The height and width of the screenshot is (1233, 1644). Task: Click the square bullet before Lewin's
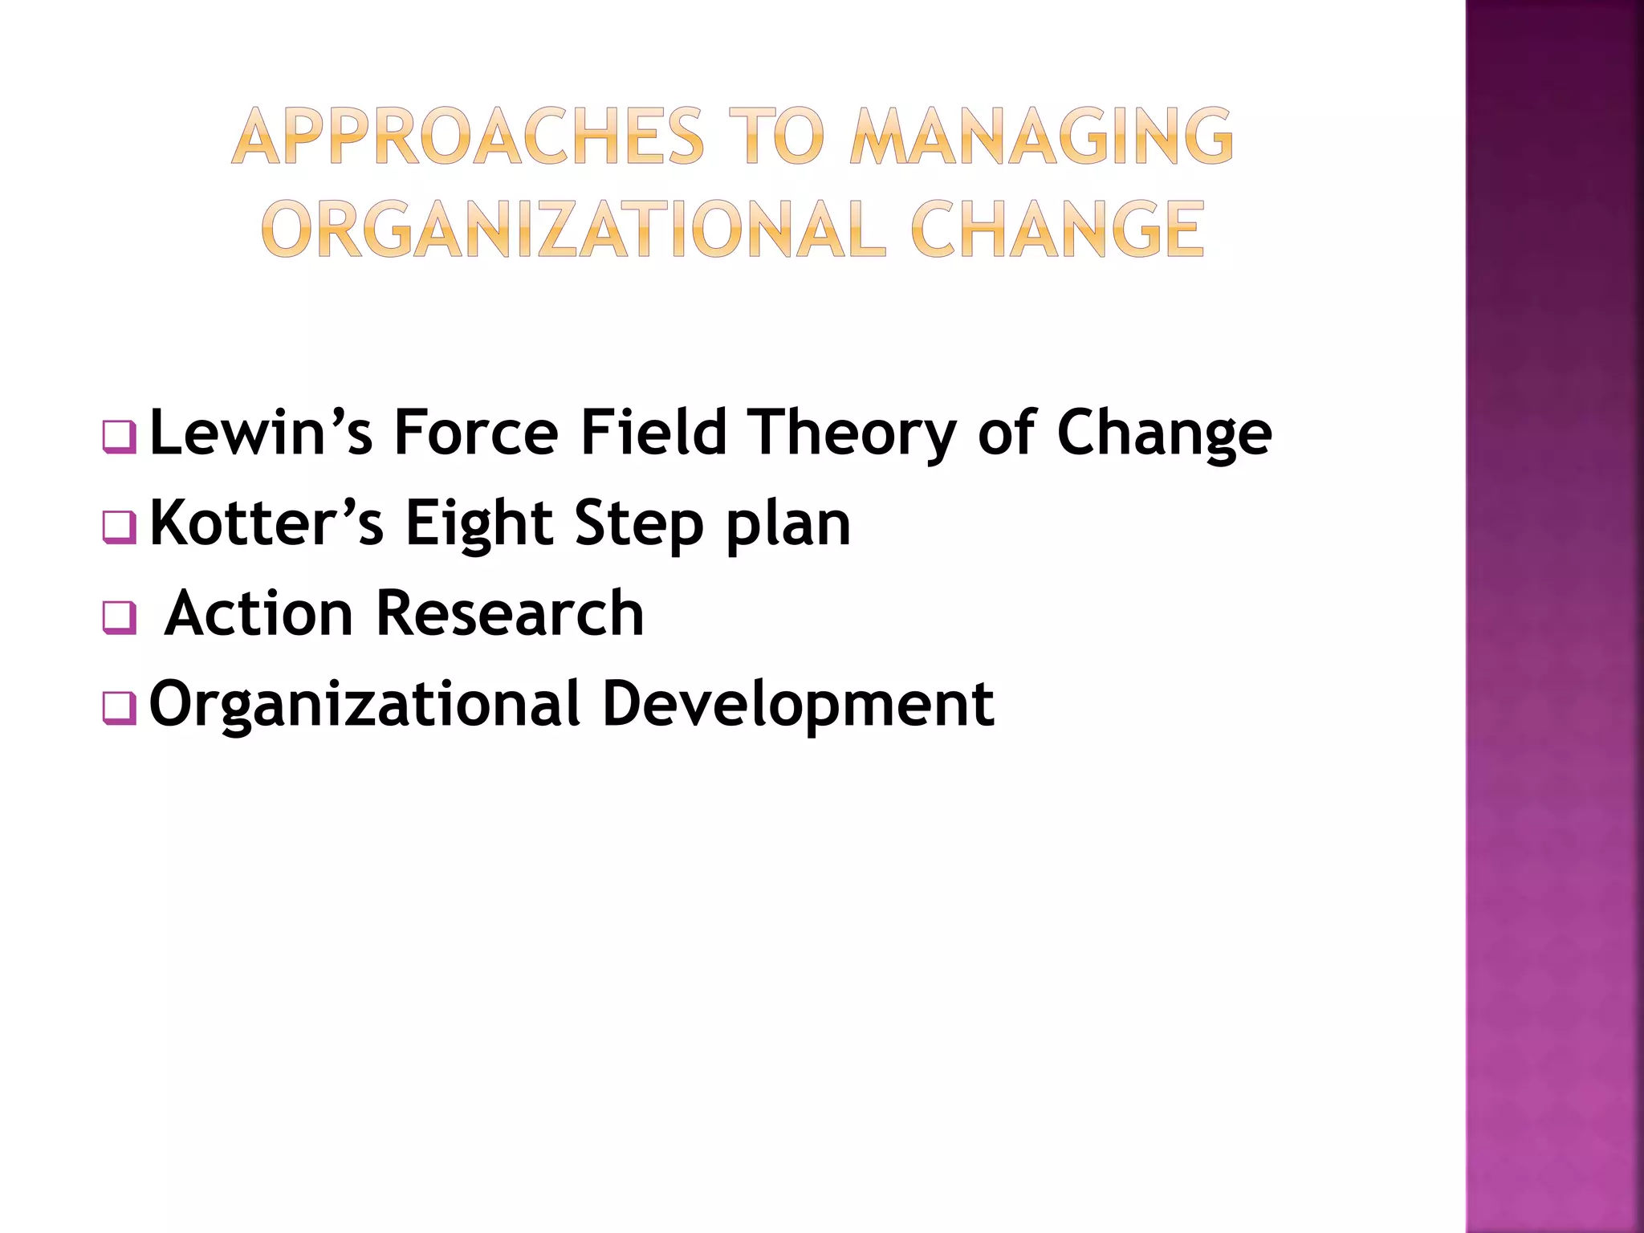[x=120, y=437]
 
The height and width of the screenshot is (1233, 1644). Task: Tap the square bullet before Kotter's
[x=120, y=527]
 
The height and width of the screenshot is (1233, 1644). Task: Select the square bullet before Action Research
[x=120, y=618]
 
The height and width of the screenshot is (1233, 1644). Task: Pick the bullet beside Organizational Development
[x=120, y=708]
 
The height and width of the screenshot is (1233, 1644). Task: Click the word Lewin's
[x=261, y=433]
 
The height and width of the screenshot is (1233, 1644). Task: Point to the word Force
[x=475, y=433]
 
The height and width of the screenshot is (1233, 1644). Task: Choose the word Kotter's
[x=267, y=523]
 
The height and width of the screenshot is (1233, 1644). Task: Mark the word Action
[x=258, y=613]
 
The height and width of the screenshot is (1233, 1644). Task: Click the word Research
[x=510, y=613]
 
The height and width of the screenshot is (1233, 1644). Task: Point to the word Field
[x=653, y=433]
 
